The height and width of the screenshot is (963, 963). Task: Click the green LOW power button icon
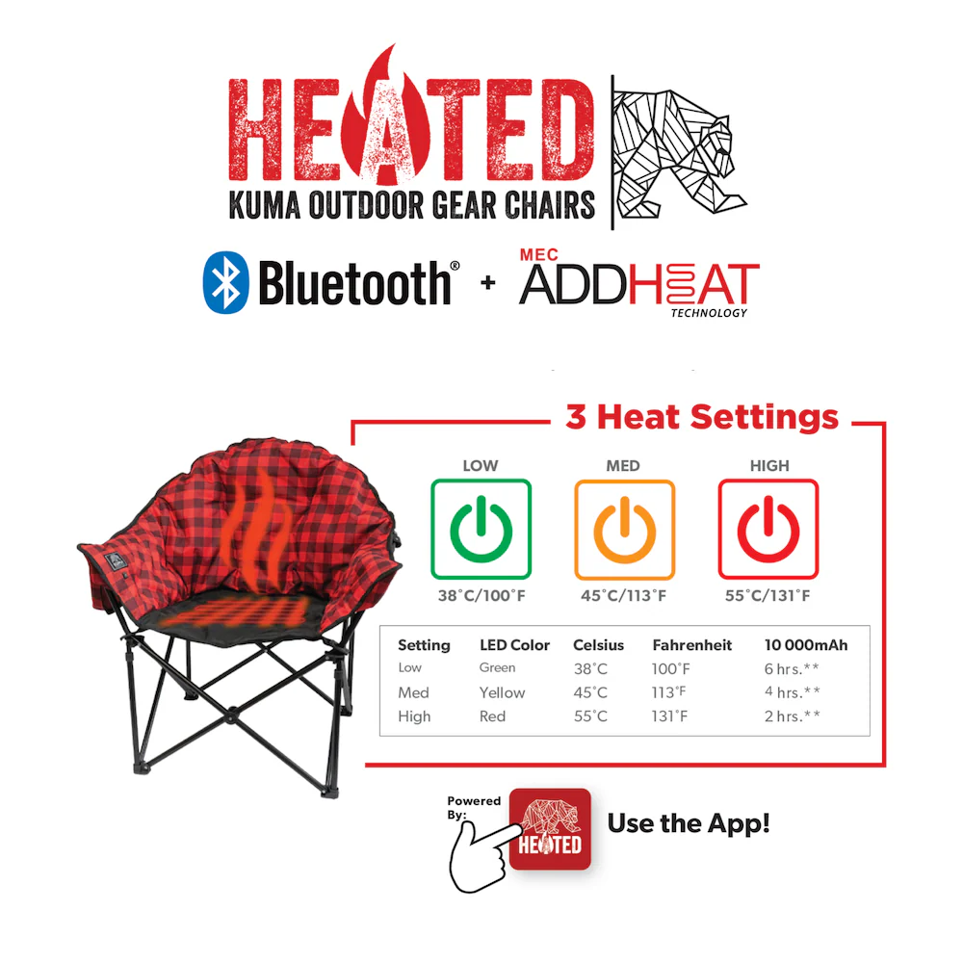pyautogui.click(x=481, y=529)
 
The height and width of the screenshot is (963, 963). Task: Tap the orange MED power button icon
pyautogui.click(x=624, y=529)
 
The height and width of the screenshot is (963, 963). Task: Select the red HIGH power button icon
pyautogui.click(x=768, y=529)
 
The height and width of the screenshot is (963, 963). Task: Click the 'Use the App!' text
pyautogui.click(x=688, y=824)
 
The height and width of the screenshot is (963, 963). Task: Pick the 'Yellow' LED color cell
pyautogui.click(x=502, y=692)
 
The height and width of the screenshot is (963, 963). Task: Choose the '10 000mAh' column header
pyautogui.click(x=805, y=645)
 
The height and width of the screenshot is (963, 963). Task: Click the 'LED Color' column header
pyautogui.click(x=514, y=645)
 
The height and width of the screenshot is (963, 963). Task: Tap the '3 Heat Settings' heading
pyautogui.click(x=701, y=418)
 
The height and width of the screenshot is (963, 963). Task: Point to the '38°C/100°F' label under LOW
pyautogui.click(x=481, y=595)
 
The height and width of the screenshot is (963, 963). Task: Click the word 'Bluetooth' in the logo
pyautogui.click(x=354, y=283)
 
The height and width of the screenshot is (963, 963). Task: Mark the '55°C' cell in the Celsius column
pyautogui.click(x=590, y=716)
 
